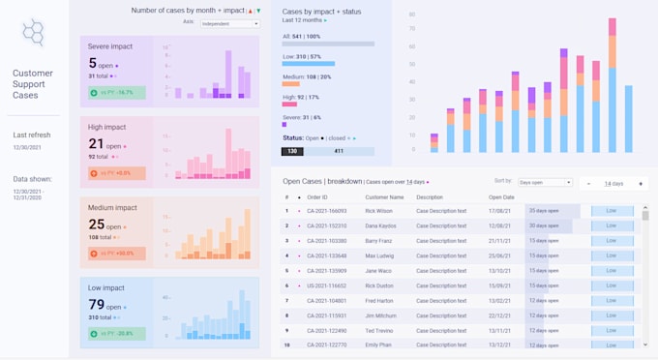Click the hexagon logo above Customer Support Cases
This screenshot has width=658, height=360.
click(34, 33)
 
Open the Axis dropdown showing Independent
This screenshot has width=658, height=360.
click(229, 23)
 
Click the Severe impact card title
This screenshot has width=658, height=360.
click(111, 45)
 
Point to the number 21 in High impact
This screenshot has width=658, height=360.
click(96, 143)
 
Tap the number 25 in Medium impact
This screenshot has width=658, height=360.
click(96, 225)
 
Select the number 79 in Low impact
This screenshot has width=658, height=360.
click(96, 305)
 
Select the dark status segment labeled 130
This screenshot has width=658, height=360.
click(291, 151)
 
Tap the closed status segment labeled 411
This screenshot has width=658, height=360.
click(339, 151)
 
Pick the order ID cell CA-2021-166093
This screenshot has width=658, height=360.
click(326, 210)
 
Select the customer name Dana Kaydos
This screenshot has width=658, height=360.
click(381, 225)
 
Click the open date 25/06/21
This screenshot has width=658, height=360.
click(500, 255)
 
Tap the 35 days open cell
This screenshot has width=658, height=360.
click(545, 210)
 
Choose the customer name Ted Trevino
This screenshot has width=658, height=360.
click(379, 330)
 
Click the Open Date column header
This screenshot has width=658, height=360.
click(501, 197)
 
